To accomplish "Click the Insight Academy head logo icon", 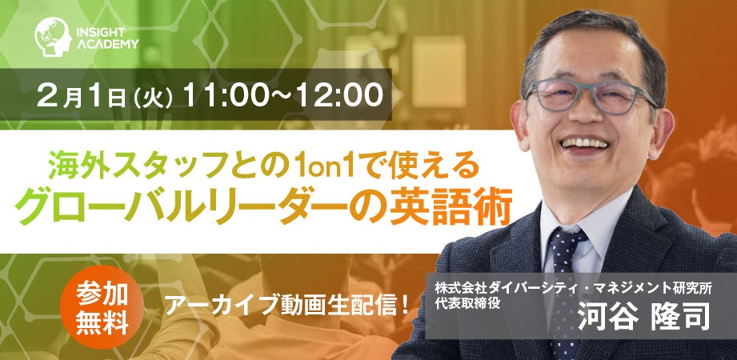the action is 53,37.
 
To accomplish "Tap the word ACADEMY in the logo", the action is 108,44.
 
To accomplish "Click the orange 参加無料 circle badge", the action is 102,308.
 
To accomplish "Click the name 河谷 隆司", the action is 643,317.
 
